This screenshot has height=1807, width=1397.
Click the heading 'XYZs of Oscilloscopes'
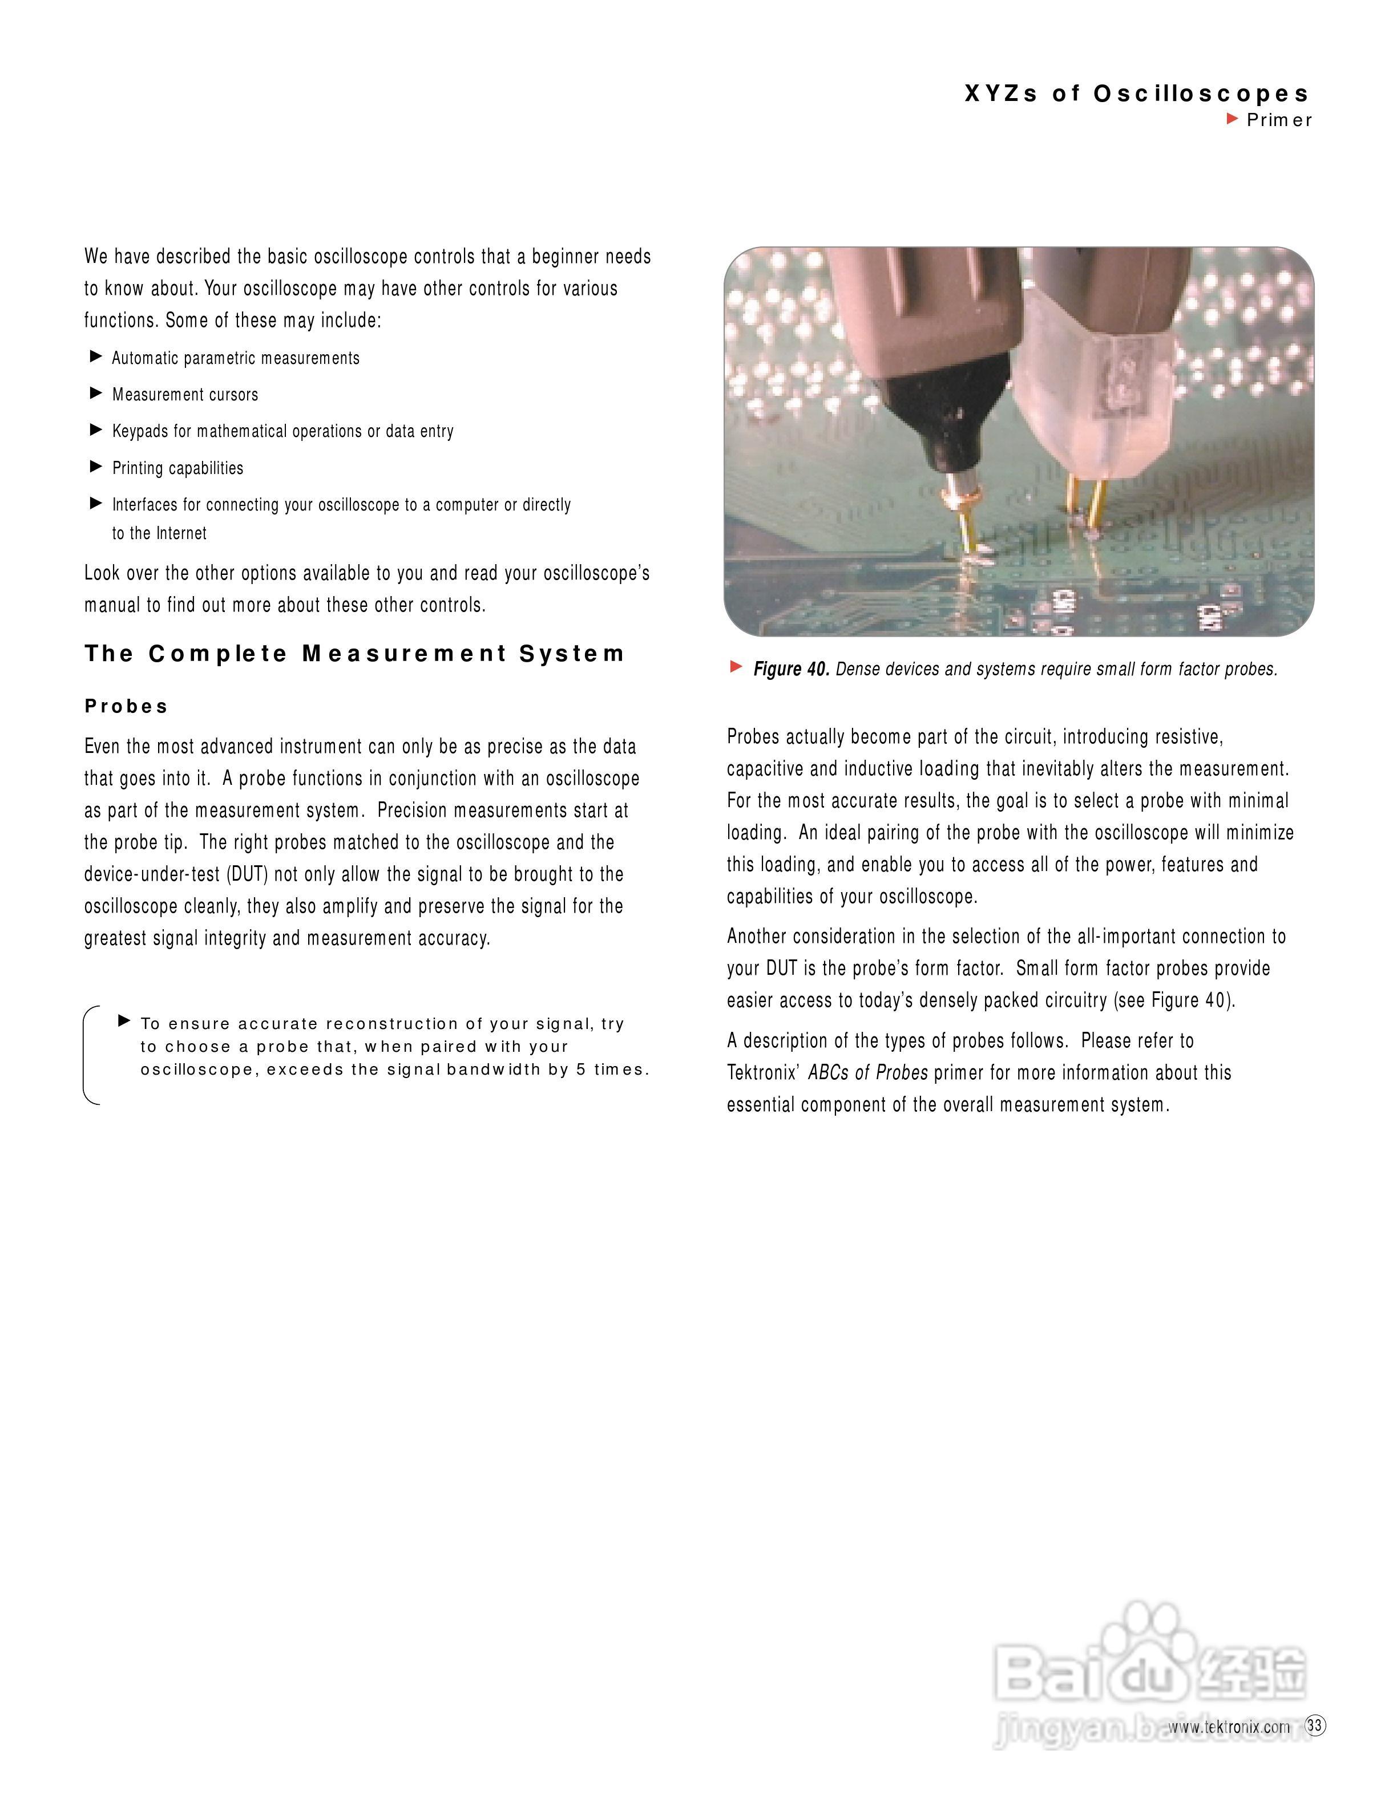[x=1137, y=94]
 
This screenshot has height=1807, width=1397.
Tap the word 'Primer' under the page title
[x=1279, y=120]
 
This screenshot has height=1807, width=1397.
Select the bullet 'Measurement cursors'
[x=185, y=395]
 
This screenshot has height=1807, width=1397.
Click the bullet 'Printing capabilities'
[x=178, y=468]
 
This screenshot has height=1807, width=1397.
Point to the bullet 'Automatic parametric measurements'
[x=236, y=358]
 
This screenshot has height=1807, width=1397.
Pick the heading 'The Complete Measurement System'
[x=354, y=654]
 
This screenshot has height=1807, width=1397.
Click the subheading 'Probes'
[x=126, y=707]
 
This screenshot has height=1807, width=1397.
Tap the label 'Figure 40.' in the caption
[x=791, y=669]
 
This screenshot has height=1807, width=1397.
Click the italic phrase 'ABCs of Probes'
[x=868, y=1073]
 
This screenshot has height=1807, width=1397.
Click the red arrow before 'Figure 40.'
[x=736, y=667]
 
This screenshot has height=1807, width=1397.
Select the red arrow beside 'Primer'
[x=1232, y=119]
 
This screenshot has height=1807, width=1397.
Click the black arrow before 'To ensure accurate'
[x=124, y=1021]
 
